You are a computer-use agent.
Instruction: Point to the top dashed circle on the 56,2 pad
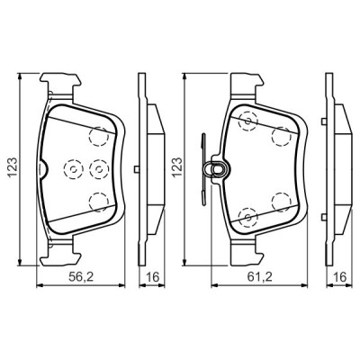(x=100, y=135)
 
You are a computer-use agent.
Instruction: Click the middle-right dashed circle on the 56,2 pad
(x=98, y=168)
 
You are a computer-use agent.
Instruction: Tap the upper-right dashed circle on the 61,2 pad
(x=281, y=136)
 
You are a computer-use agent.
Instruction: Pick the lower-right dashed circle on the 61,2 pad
(x=281, y=202)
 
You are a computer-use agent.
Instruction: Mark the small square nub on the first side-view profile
(x=133, y=168)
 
